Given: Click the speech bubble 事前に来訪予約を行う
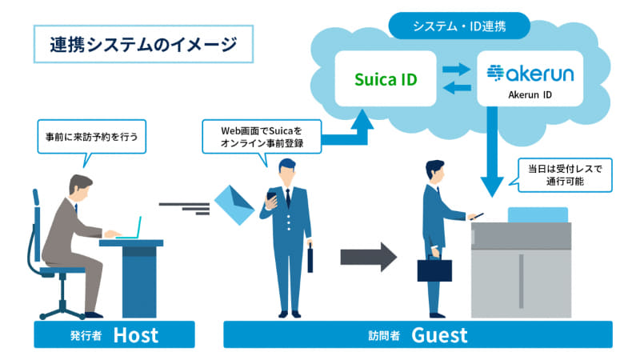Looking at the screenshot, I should click(91, 136).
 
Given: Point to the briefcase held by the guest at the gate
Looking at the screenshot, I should click(434, 269).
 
